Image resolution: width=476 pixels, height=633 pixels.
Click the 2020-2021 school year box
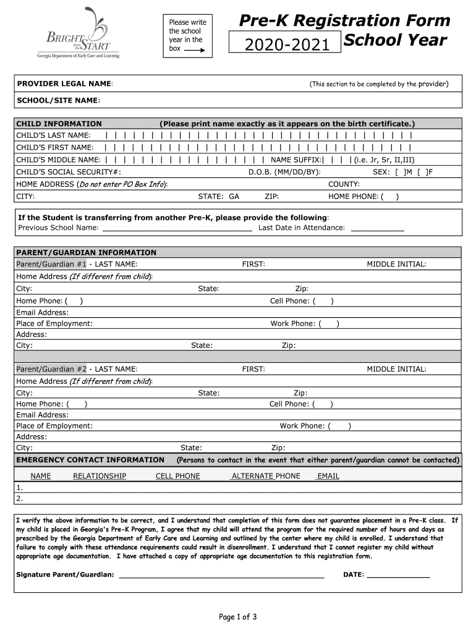[x=284, y=43]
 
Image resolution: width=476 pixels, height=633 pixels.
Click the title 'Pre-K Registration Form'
[x=344, y=20]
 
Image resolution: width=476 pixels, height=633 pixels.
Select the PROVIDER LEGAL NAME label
[x=64, y=83]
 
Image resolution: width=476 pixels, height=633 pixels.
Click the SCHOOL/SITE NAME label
[x=58, y=100]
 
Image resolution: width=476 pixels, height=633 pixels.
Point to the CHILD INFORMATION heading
[x=59, y=124]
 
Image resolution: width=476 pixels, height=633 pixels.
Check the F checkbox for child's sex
[x=422, y=172]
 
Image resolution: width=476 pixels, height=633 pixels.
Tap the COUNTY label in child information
[x=344, y=184]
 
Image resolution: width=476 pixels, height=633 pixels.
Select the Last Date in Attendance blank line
[x=377, y=228]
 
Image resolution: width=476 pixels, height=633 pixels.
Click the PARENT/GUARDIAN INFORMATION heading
[x=86, y=252]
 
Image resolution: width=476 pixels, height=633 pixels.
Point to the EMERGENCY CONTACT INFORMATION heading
[x=90, y=460]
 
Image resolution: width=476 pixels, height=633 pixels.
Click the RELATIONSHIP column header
[x=100, y=476]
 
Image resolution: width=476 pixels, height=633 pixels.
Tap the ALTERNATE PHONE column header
[x=265, y=476]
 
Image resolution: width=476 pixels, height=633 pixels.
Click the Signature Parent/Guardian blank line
[x=221, y=575]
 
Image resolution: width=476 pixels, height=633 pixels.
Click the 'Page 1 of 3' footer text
[x=238, y=616]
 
